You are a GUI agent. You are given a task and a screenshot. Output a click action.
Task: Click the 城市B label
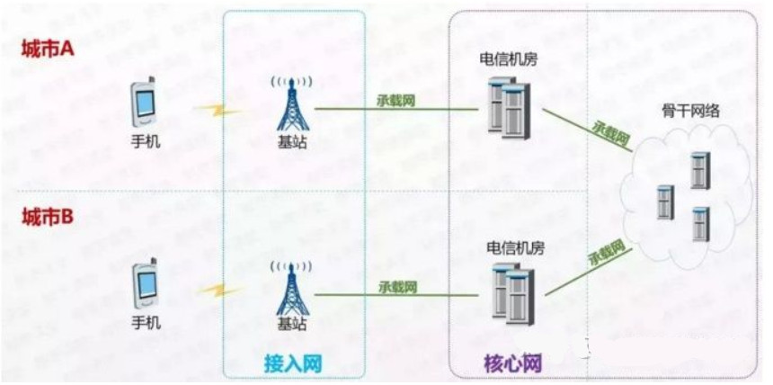[47, 217]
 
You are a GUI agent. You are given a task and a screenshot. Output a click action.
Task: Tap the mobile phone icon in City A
[146, 103]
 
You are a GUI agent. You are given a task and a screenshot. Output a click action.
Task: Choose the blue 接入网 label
[293, 363]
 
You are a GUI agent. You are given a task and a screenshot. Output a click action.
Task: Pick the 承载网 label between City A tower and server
[395, 99]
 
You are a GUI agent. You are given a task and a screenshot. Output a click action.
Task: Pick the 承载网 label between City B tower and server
[395, 287]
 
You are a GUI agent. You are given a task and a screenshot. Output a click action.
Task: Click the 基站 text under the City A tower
[293, 142]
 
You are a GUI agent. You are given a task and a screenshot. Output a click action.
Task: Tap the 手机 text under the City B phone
[147, 322]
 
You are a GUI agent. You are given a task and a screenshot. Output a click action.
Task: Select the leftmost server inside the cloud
[665, 201]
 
